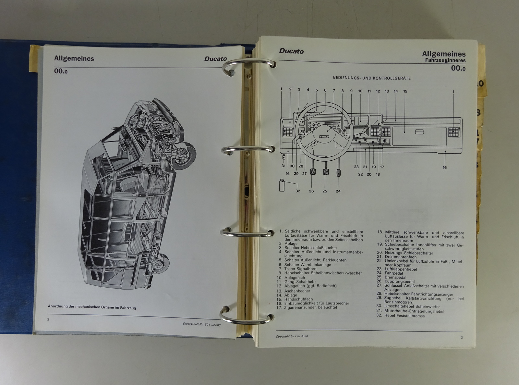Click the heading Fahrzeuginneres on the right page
445,60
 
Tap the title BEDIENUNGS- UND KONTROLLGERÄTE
372,78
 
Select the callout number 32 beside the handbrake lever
298,191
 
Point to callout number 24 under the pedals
338,191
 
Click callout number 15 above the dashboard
405,91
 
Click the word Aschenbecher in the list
297,291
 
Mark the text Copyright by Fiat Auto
292,336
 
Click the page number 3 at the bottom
462,338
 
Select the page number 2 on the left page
48,319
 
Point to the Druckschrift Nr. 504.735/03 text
202,325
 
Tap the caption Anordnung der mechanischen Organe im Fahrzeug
92,307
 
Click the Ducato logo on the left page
215,58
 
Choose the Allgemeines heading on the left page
74,58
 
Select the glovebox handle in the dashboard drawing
419,132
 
